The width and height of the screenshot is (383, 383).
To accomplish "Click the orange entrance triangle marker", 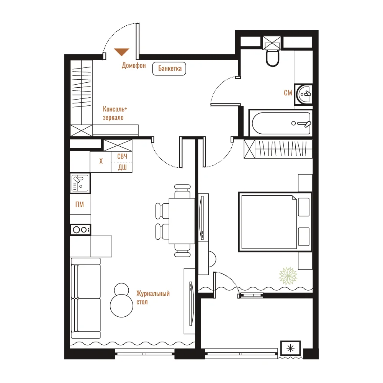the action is [122, 52].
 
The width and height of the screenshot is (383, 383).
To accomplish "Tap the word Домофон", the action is [134, 65].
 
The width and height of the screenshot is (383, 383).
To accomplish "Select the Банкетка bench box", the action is [169, 69].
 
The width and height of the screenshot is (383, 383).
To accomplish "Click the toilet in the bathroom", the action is [272, 58].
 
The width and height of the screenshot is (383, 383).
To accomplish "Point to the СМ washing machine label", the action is [288, 93].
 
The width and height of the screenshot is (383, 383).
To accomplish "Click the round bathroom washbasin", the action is [304, 94].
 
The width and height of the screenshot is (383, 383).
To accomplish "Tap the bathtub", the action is [281, 123].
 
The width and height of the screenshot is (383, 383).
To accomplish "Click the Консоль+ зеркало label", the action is [115, 113].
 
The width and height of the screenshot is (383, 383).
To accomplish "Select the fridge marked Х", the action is [101, 162].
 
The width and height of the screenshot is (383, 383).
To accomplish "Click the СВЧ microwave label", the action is [122, 156].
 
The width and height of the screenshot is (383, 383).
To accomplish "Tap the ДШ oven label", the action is [123, 167].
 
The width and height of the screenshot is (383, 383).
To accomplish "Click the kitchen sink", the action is [80, 183].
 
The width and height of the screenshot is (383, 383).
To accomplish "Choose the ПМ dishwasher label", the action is [80, 205].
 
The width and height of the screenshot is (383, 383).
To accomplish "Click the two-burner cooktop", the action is [80, 230].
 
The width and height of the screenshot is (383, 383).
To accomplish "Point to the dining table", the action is [182, 221].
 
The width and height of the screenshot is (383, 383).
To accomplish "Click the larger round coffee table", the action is [121, 306].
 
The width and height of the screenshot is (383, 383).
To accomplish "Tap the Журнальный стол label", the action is [153, 298].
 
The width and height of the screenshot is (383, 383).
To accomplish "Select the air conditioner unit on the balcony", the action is [290, 348].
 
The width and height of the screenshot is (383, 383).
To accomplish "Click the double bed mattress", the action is [269, 222].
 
